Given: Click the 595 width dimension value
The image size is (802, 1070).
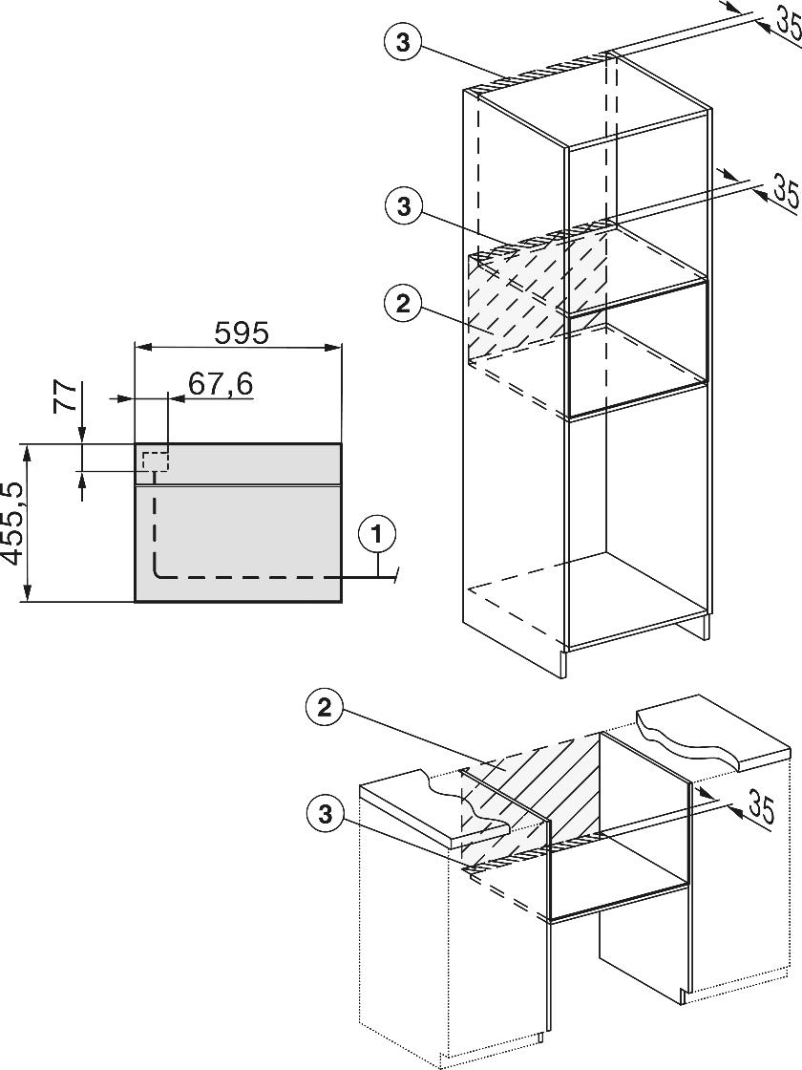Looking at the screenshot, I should tap(242, 332).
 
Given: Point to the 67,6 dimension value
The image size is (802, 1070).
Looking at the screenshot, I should tap(220, 384).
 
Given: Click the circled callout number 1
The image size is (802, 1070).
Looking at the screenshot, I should tap(378, 533).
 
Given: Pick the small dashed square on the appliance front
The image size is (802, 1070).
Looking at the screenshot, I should tap(155, 460).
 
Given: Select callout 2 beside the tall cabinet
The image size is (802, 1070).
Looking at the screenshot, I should tap(402, 304).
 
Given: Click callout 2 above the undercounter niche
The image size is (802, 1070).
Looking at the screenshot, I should tap(325, 707).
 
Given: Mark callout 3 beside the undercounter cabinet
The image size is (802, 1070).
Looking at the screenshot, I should tap(326, 813).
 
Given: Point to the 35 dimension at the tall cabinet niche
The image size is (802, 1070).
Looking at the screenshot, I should tap(785, 189).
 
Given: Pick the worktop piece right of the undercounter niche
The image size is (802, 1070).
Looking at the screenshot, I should tap(711, 731).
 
